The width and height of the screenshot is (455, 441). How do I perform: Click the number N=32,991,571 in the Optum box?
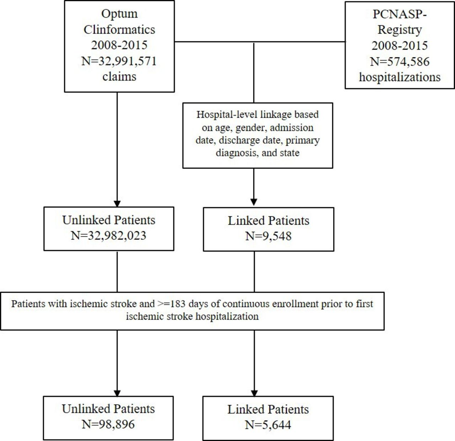[119, 61]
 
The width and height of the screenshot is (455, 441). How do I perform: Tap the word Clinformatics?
[119, 30]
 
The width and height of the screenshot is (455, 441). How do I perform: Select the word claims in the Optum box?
[119, 76]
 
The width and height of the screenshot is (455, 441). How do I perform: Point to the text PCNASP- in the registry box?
[400, 14]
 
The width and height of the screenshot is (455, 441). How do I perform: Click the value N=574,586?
[400, 62]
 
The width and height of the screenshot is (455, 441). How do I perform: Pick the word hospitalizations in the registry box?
[400, 77]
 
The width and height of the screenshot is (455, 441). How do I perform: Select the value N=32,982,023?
[109, 235]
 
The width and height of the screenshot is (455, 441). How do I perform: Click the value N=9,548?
[268, 236]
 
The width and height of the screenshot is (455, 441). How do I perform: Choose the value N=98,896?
[108, 424]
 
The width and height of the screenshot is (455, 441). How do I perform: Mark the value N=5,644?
[268, 425]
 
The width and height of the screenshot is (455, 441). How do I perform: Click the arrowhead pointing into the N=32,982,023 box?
[117, 203]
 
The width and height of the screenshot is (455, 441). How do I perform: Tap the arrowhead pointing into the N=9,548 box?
[254, 202]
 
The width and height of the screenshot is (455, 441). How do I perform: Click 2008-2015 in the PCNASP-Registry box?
[400, 46]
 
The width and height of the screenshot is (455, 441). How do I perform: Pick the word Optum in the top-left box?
[119, 14]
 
